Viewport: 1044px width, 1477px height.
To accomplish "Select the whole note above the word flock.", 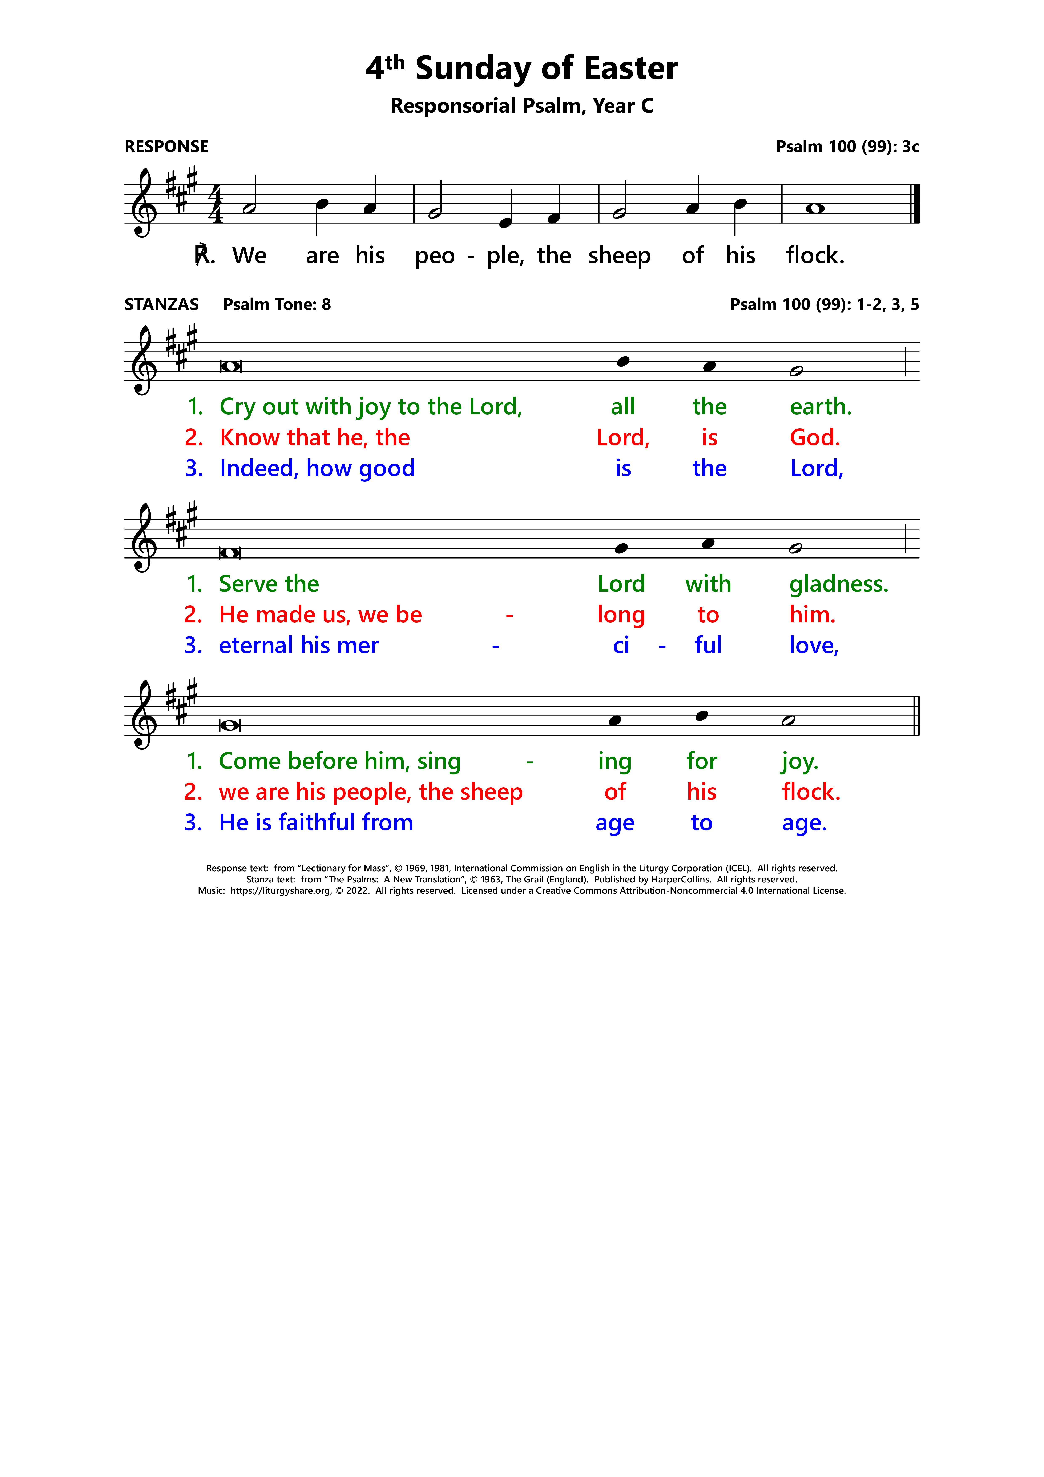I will pos(815,208).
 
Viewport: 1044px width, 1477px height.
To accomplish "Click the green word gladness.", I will pos(838,584).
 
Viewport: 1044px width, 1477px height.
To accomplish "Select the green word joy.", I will pos(799,762).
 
